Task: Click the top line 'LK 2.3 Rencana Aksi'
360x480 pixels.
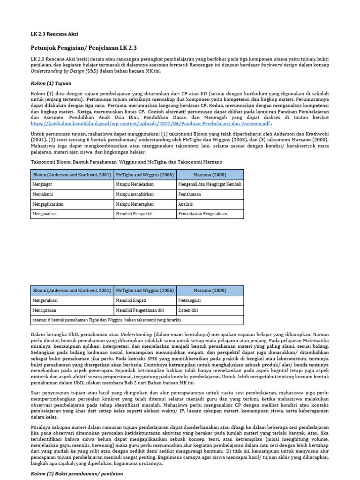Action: point(54,34)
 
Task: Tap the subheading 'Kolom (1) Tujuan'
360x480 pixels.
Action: point(51,82)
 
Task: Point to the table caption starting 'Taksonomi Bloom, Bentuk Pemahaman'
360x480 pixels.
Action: point(127,162)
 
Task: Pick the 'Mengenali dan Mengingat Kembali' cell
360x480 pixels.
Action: point(210,185)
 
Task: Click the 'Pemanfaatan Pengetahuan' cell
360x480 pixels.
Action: point(202,214)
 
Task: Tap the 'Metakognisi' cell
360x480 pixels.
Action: point(189,300)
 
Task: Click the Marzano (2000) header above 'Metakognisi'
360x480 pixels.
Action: point(210,291)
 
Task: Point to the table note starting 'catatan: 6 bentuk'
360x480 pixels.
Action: point(106,320)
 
